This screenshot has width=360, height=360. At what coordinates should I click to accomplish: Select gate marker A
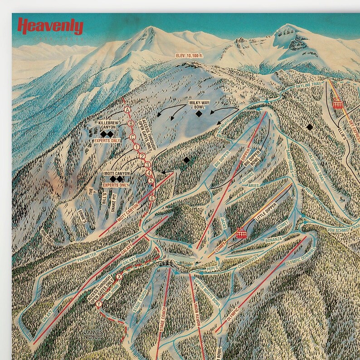[128, 110]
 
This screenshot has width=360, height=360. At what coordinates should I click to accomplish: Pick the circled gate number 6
[152, 198]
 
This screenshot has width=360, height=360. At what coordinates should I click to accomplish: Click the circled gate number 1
[136, 147]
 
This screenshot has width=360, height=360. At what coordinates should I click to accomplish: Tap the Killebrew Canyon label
[105, 125]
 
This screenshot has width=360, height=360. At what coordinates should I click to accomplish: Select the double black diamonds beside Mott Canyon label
[117, 179]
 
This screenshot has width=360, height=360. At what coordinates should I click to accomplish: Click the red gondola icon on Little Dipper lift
[240, 234]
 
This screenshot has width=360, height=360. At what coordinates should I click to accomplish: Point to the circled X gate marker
[120, 276]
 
